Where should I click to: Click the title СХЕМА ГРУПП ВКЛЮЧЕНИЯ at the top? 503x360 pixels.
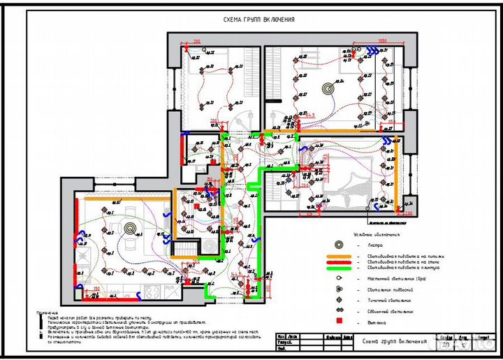point(258,20)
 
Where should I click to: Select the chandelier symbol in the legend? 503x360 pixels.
point(339,245)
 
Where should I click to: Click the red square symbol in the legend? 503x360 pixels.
point(339,321)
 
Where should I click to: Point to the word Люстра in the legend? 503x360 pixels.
point(377,245)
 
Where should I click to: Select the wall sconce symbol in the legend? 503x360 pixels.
point(339,278)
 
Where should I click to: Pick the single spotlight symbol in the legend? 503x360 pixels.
point(339,300)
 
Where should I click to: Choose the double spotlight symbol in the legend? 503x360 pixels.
point(339,310)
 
